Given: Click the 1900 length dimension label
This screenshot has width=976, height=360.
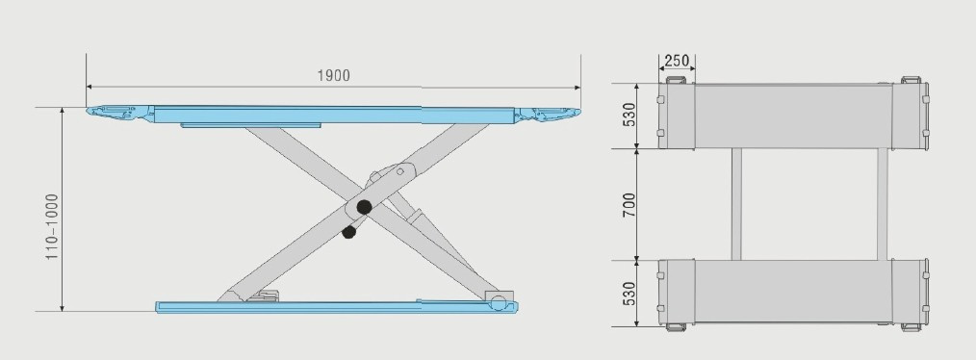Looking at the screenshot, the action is point(334,75).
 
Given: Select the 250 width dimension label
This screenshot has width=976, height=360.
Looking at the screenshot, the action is point(677,61).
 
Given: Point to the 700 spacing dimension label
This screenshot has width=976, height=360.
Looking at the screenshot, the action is point(629,205).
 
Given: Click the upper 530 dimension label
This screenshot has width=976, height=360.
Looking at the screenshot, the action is point(629,116).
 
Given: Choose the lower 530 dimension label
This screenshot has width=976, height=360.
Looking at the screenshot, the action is point(629,294).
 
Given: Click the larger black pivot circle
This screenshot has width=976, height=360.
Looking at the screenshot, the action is point(364,207).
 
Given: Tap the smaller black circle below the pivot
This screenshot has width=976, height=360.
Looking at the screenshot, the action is point(349,232).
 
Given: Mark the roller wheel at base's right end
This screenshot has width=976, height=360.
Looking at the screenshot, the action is point(498,303).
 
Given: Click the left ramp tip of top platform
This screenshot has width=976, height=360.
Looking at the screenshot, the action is point(89,112).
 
